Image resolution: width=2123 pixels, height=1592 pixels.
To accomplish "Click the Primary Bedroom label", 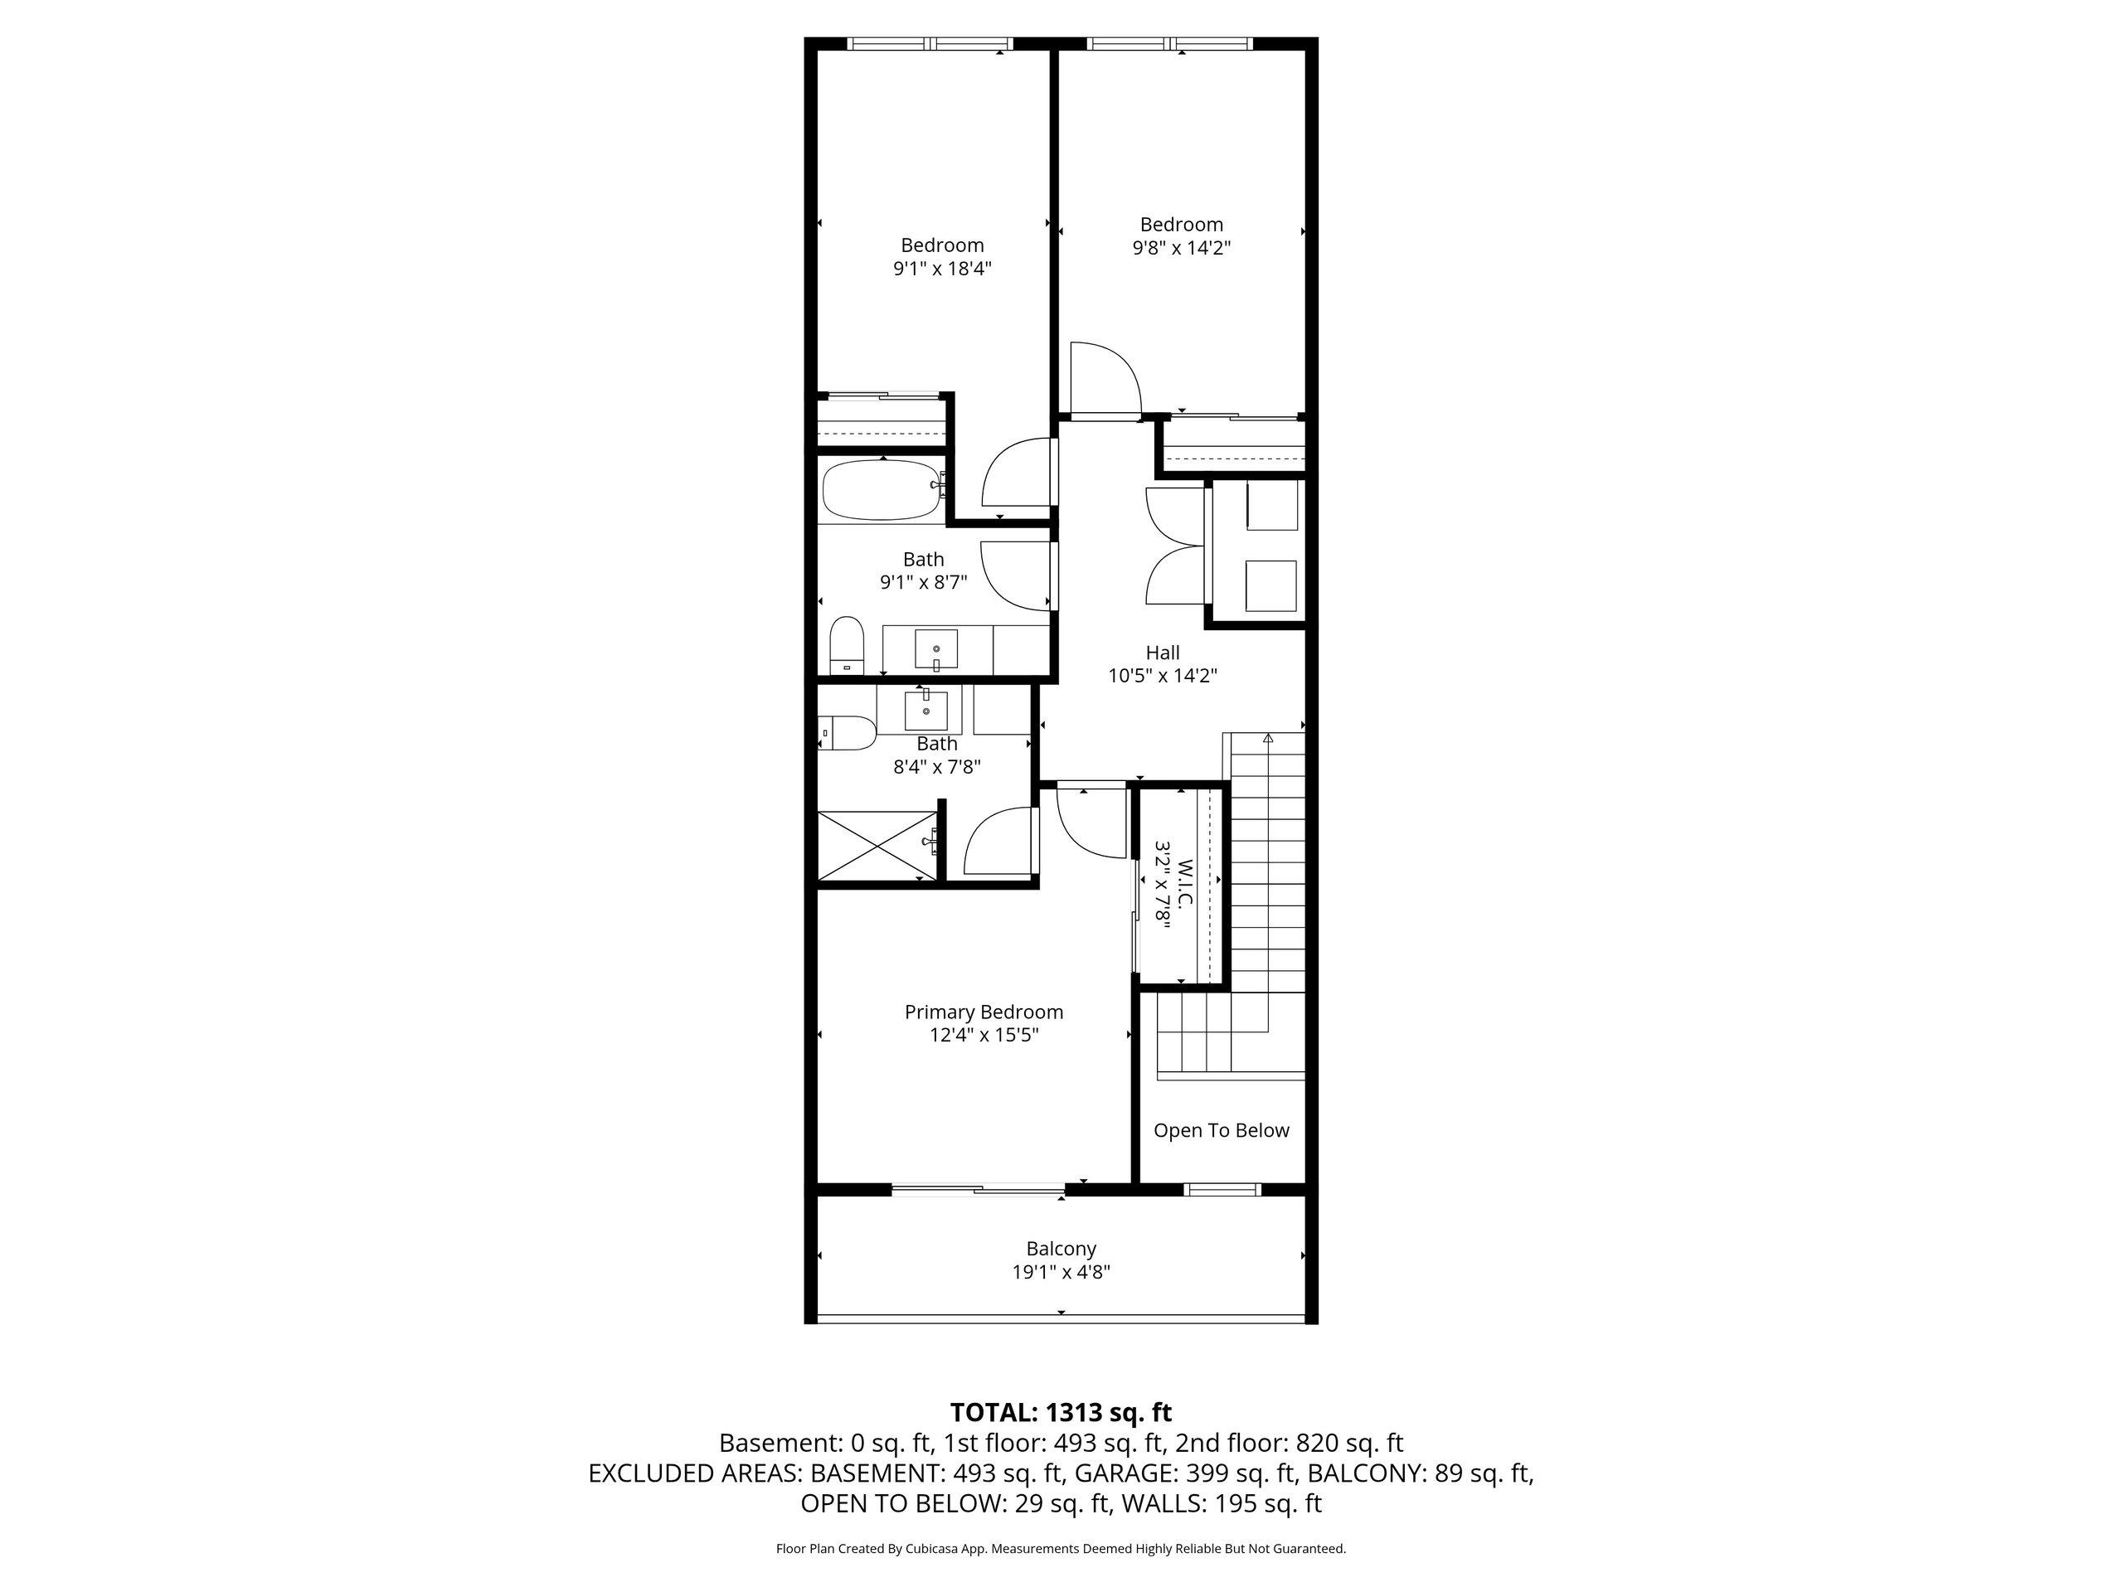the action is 984,1012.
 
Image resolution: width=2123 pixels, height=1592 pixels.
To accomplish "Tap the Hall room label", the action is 1163,653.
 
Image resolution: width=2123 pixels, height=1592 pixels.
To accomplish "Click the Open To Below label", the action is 1221,1130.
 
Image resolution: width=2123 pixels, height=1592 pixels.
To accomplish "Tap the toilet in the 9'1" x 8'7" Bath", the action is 846,644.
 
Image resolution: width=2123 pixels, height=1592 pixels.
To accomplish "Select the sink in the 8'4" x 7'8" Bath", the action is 926,710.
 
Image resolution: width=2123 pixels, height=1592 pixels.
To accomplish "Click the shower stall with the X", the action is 877,847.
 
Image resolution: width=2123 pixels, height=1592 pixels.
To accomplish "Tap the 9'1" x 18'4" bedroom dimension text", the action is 942,269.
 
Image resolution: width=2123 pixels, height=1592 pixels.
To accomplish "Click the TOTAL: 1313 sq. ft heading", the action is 1061,1413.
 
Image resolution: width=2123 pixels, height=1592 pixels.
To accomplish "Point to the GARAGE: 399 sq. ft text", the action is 1186,1473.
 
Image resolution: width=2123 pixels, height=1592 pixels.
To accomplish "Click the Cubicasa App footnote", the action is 1061,1548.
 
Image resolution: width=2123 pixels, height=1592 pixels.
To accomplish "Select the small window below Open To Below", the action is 1221,1189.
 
